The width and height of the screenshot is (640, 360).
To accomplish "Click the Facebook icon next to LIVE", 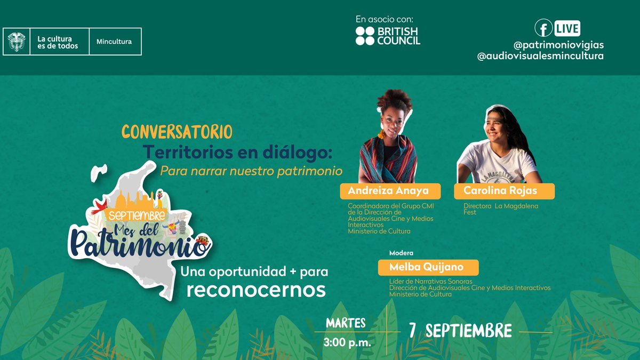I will coord(543,27).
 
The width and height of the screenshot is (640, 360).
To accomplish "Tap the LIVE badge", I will coord(567,28).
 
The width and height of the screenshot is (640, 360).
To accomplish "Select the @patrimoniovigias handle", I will coord(558,44).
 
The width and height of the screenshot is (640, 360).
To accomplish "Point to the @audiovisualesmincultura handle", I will coord(540,55).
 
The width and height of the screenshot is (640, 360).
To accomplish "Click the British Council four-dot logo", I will coord(365,36).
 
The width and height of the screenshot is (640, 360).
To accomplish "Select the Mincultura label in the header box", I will coord(114,42).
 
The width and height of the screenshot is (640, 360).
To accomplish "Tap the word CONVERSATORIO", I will coord(177,131).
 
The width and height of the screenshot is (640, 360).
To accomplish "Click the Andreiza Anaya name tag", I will coord(384,191).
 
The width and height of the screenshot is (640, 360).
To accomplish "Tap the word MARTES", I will coord(346,323).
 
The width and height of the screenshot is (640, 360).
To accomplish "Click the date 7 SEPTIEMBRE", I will coord(460,331).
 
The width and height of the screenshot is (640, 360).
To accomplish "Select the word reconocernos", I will coord(256,290).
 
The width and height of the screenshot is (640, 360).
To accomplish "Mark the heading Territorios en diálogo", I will coord(237,153).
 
